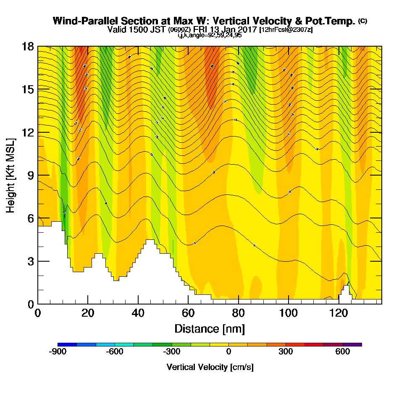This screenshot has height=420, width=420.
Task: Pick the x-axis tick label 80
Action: click(238, 313)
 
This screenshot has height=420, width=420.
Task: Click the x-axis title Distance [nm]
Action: click(209, 328)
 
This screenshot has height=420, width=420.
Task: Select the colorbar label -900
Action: click(58, 352)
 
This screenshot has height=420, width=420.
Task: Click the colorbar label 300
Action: click(286, 352)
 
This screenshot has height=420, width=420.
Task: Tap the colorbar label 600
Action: click(343, 352)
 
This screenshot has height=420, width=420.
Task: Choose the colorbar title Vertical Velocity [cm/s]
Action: click(210, 367)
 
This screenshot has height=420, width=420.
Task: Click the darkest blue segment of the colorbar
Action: click(67, 344)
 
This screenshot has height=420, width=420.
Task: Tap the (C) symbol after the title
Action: click(362, 21)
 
